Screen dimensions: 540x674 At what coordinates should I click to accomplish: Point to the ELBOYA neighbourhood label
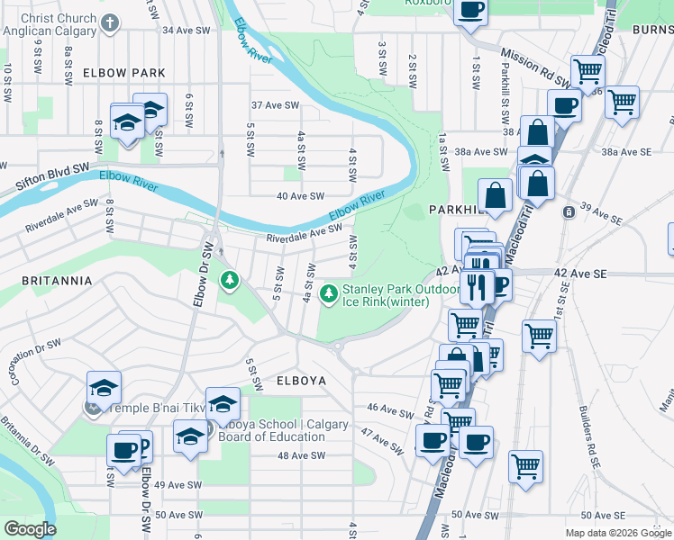tap(300, 381)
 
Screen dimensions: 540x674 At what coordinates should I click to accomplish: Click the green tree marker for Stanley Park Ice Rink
tap(329, 293)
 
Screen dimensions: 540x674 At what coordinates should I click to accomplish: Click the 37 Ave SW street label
tap(275, 105)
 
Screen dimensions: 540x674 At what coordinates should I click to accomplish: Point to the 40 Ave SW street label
tap(300, 195)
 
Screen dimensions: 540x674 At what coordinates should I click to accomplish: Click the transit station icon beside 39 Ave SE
tap(569, 212)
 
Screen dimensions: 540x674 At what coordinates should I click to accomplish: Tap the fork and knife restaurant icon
tap(476, 287)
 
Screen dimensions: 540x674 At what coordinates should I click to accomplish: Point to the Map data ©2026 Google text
tap(618, 533)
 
